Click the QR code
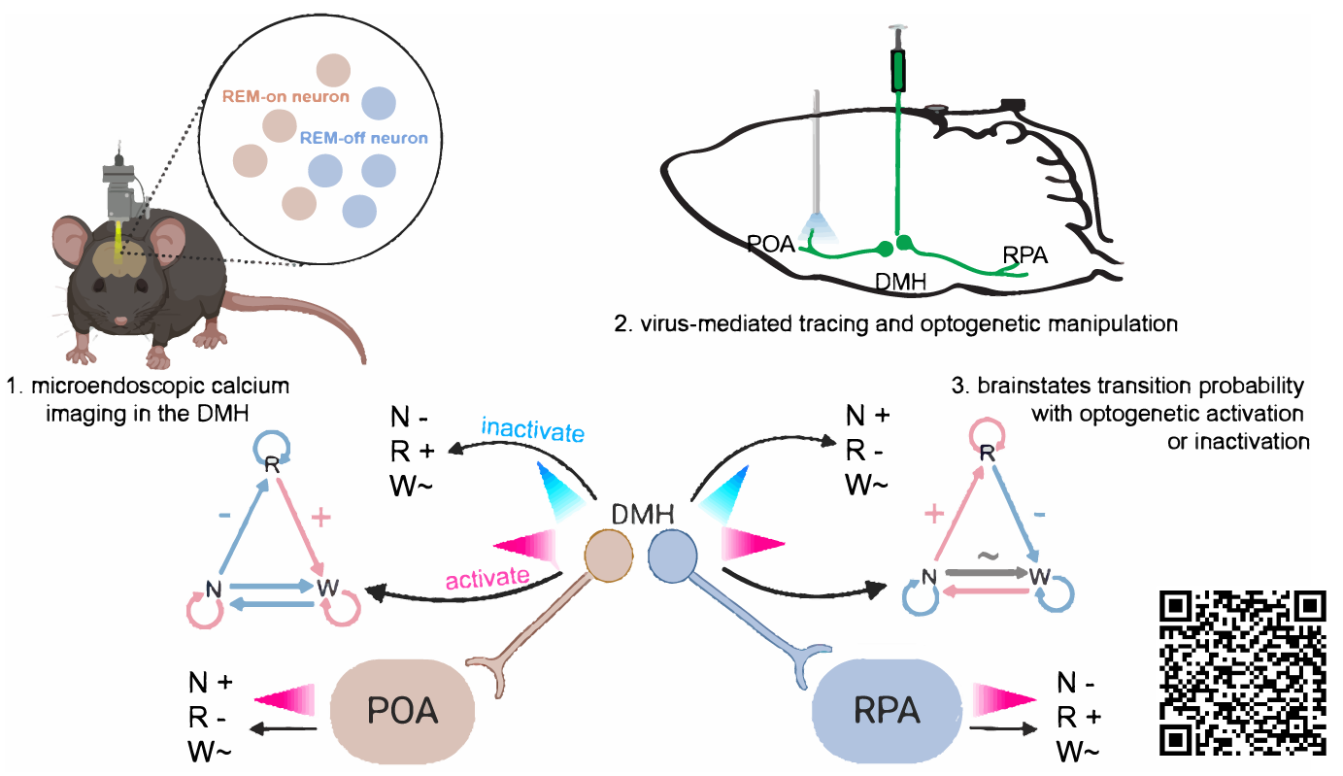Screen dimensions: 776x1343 tap(1243, 673)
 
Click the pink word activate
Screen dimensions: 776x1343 tap(487, 579)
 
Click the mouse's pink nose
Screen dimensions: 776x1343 tap(120, 320)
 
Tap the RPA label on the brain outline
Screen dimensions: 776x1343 tap(1026, 255)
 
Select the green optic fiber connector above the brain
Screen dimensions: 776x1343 tap(900, 68)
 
